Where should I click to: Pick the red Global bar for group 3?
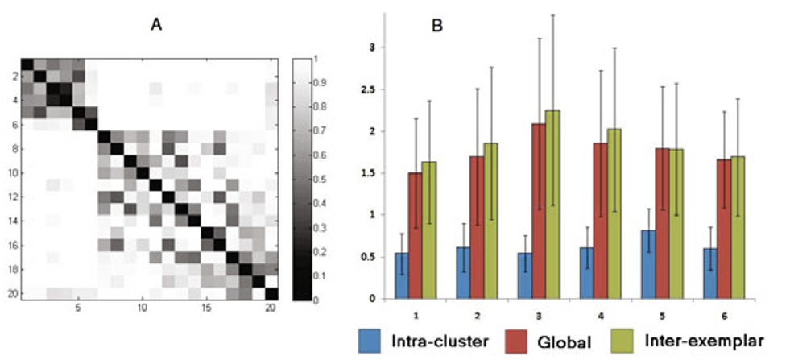pyautogui.click(x=538, y=211)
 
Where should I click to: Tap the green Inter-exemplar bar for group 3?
pyautogui.click(x=552, y=205)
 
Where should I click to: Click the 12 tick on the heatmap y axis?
pyautogui.click(x=10, y=197)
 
